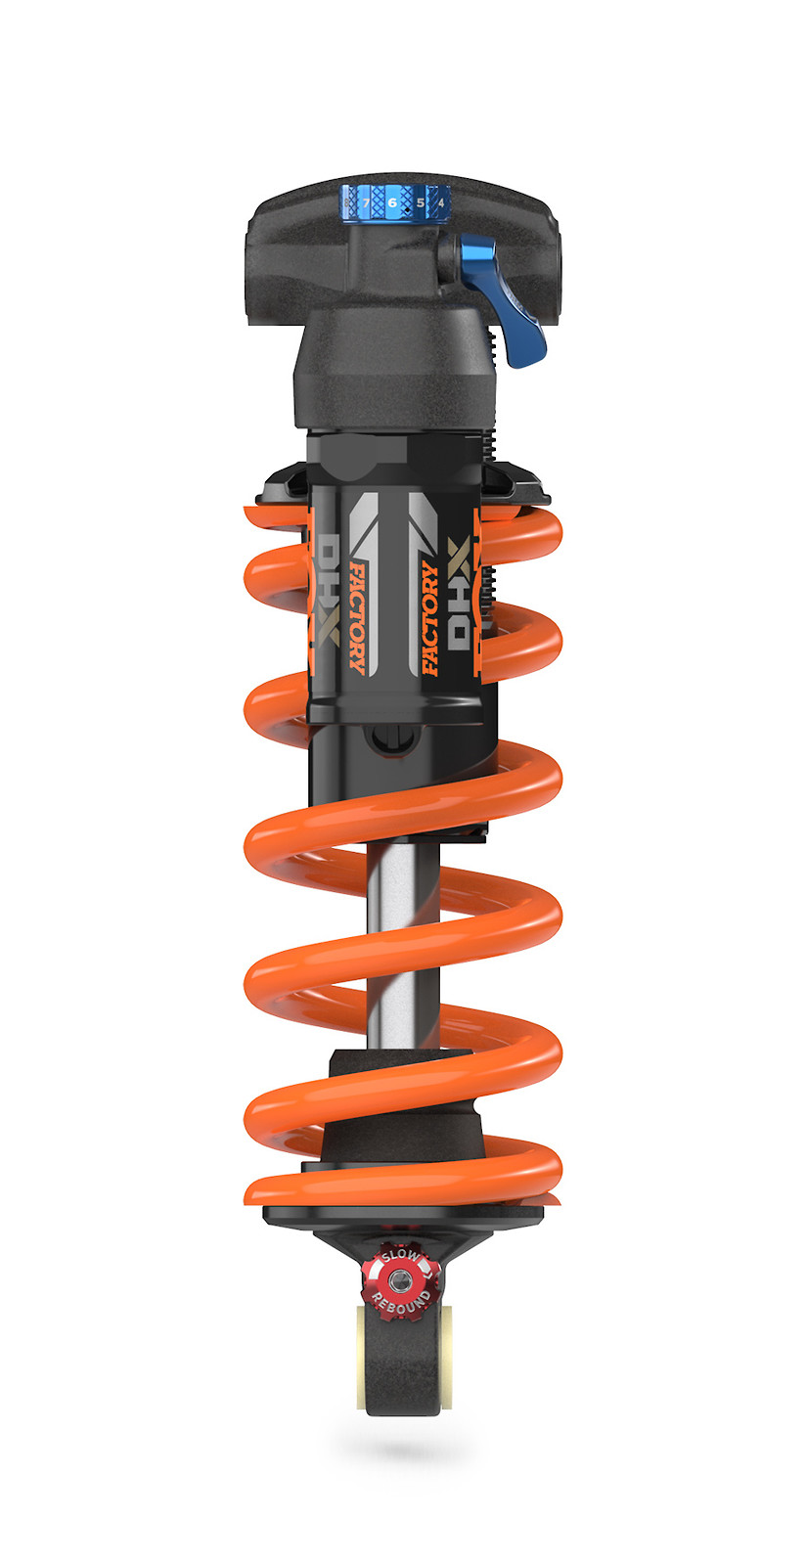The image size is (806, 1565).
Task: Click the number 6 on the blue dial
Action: coord(392,202)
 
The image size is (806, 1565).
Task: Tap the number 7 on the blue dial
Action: coord(365,203)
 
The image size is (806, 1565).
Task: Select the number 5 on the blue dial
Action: coord(421,203)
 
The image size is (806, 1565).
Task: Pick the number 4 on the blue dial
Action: coord(441,203)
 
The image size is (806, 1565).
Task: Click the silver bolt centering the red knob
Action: coord(398,1280)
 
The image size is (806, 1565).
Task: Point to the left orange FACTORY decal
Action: coord(359,618)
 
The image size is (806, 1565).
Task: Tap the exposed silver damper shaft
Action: coord(401,939)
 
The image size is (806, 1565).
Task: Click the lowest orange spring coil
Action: coord(401,1188)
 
